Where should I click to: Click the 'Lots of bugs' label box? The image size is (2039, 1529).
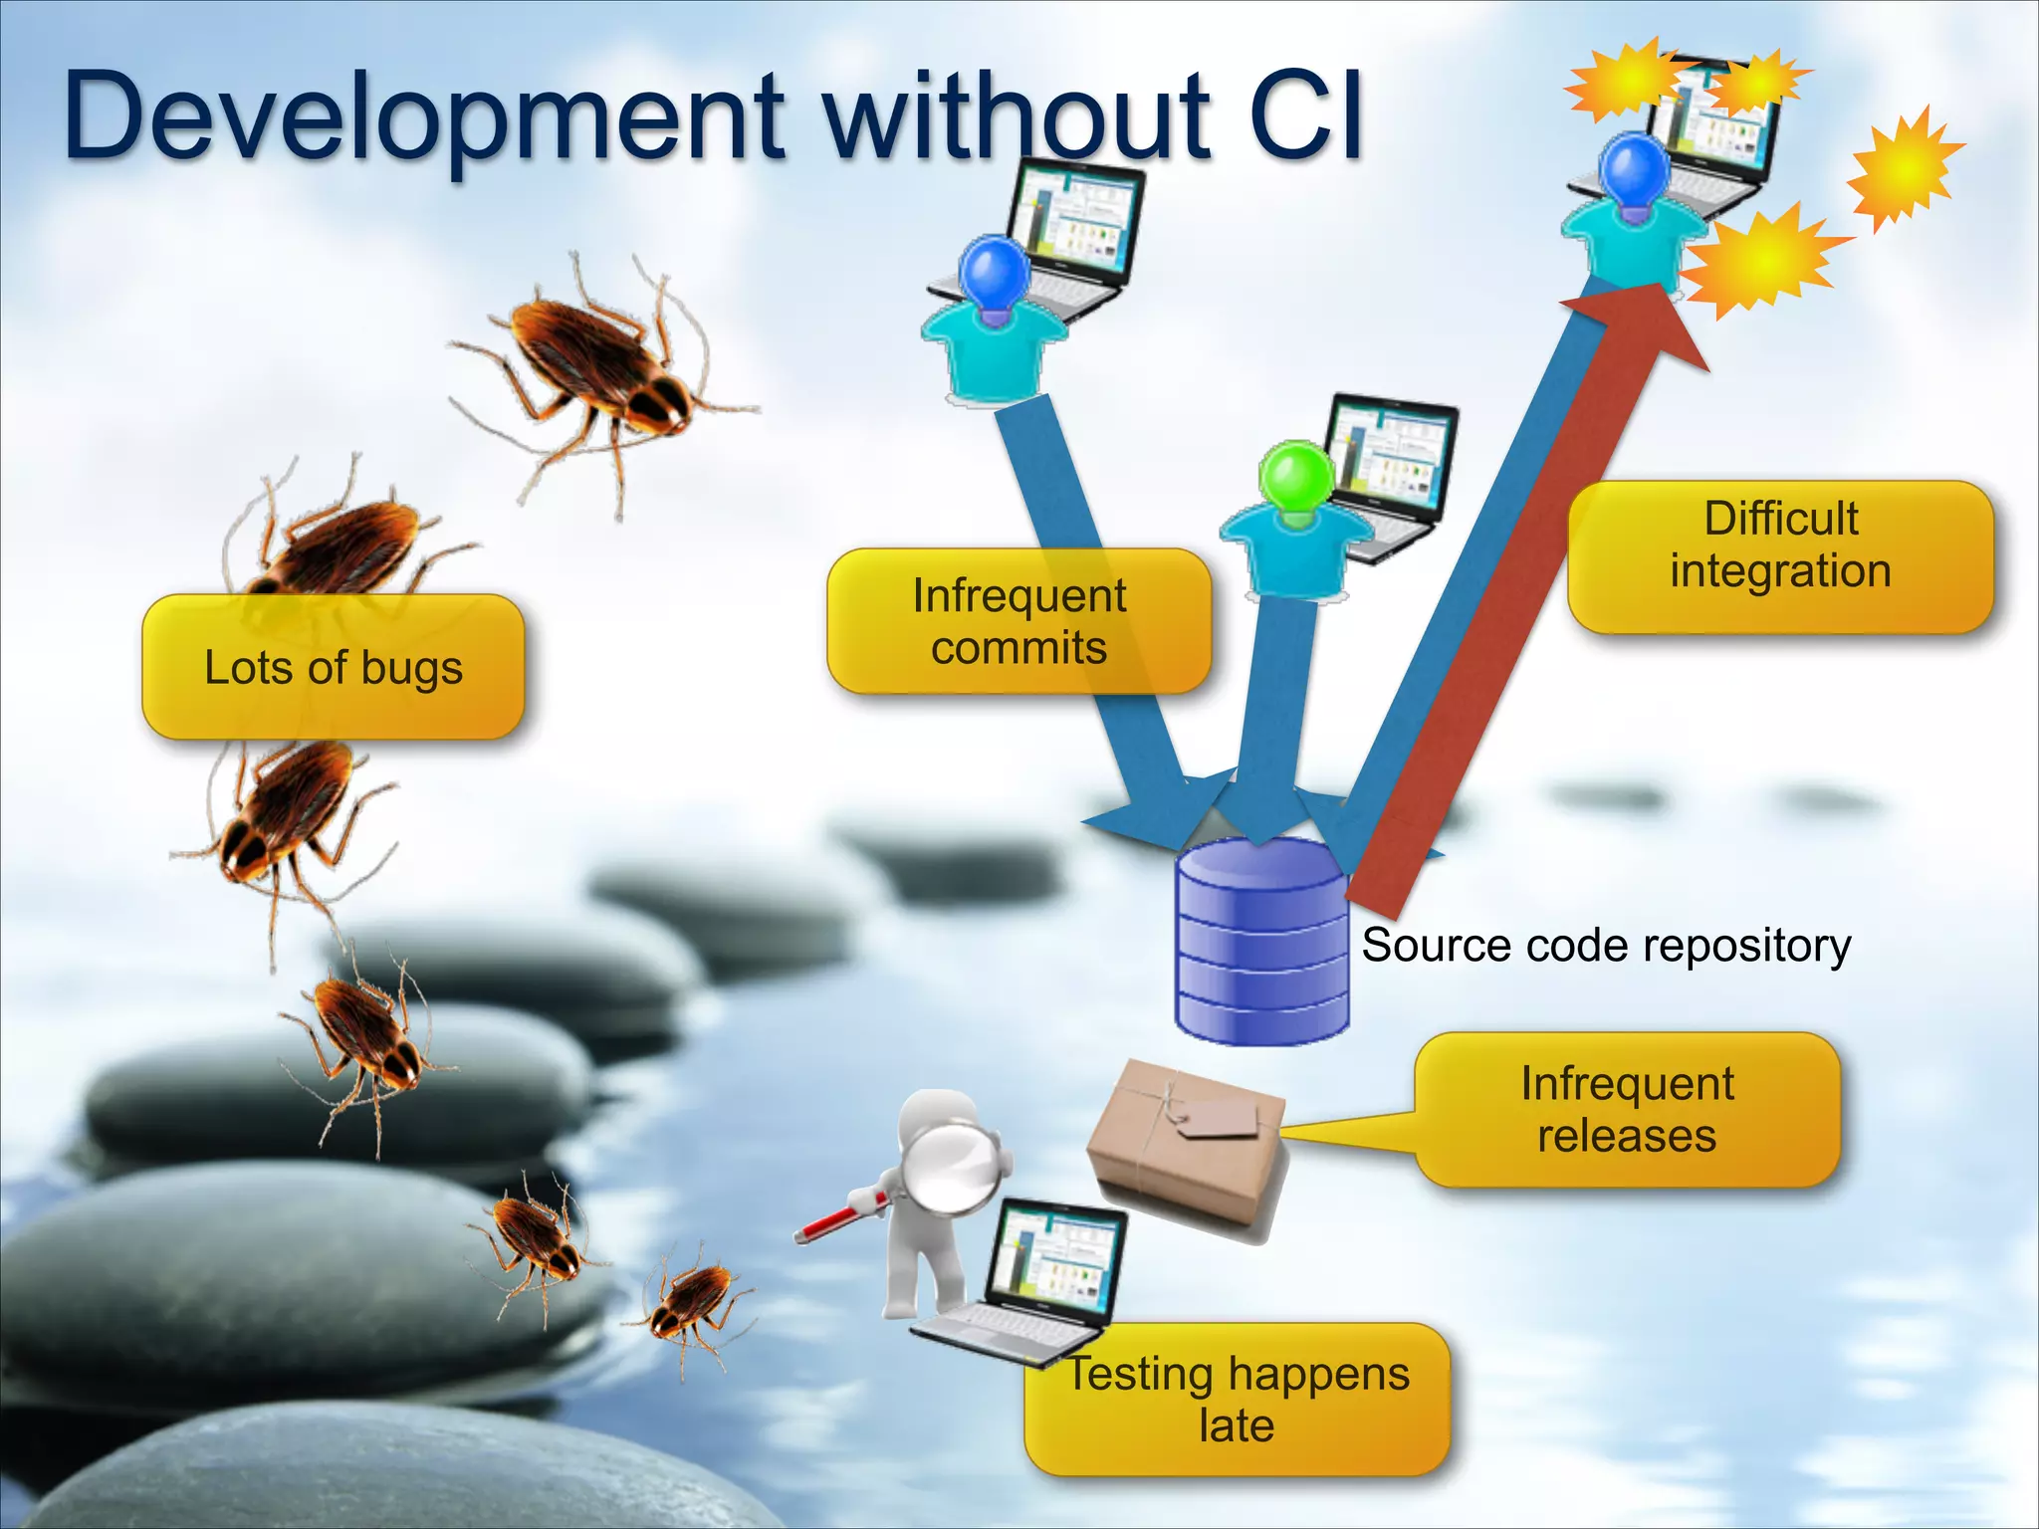click(x=333, y=667)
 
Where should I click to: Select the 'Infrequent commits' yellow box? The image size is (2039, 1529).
click(x=1019, y=621)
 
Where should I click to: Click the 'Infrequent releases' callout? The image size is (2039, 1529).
click(x=1627, y=1109)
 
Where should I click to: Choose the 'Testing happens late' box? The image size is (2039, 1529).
click(x=1238, y=1399)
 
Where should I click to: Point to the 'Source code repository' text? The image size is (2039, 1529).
click(x=1605, y=945)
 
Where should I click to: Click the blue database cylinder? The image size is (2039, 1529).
click(x=1260, y=946)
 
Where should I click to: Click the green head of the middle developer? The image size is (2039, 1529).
click(x=1295, y=477)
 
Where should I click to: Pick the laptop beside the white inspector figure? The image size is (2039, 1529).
click(x=1030, y=1284)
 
